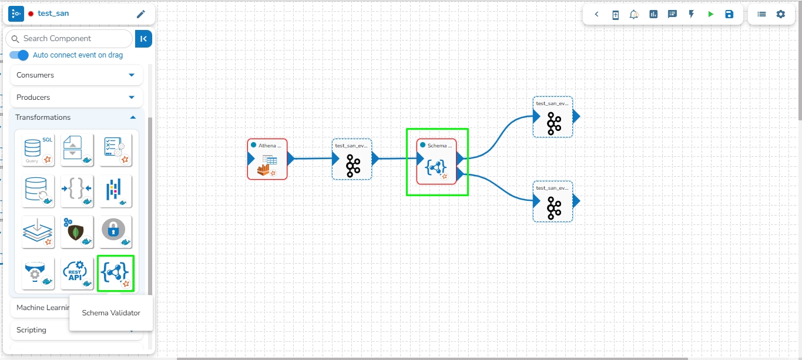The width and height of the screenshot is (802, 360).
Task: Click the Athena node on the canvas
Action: tap(267, 159)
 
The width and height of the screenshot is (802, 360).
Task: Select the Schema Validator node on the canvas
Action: tap(437, 162)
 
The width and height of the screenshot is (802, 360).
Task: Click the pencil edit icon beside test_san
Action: tap(140, 14)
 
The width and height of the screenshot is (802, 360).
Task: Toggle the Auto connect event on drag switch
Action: tap(19, 55)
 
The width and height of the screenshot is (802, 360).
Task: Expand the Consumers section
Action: tap(132, 75)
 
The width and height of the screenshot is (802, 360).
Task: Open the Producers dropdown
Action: tap(132, 97)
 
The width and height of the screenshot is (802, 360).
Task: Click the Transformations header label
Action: tap(43, 117)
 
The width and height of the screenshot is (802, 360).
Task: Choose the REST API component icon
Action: tap(77, 273)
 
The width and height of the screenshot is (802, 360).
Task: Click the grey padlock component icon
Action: tap(115, 231)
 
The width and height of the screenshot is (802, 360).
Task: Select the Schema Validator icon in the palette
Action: tap(116, 273)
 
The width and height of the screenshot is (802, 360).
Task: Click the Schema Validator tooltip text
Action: tap(111, 313)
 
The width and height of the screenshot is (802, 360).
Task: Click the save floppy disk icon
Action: tap(729, 14)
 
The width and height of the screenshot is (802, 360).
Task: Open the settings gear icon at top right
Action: tap(780, 14)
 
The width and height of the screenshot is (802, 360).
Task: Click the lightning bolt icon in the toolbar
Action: tap(691, 14)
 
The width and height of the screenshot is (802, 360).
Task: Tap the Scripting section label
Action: tap(32, 330)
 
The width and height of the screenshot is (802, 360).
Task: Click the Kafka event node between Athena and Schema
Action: tap(352, 159)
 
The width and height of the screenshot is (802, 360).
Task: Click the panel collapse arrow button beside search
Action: tap(143, 39)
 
